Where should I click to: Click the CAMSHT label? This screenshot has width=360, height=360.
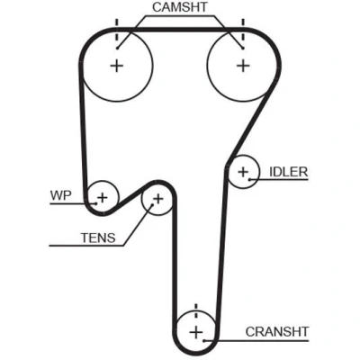pyautogui.click(x=180, y=7)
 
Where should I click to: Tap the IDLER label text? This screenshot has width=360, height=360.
pyautogui.click(x=289, y=172)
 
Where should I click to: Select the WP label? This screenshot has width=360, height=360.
pyautogui.click(x=61, y=195)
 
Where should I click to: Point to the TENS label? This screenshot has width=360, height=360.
pyautogui.click(x=98, y=238)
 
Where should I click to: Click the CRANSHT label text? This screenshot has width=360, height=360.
pyautogui.click(x=277, y=332)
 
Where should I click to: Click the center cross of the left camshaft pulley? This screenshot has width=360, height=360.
pyautogui.click(x=117, y=66)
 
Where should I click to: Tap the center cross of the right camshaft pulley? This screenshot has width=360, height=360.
pyautogui.click(x=243, y=66)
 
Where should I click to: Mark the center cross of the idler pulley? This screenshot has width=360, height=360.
pyautogui.click(x=243, y=172)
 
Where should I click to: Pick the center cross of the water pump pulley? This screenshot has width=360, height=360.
pyautogui.click(x=103, y=198)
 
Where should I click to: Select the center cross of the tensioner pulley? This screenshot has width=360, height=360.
pyautogui.click(x=158, y=198)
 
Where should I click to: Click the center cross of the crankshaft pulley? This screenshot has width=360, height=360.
pyautogui.click(x=196, y=333)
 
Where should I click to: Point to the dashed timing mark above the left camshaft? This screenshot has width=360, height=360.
pyautogui.click(x=117, y=30)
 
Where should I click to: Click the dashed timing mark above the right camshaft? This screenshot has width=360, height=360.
pyautogui.click(x=243, y=30)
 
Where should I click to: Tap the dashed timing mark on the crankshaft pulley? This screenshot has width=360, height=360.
pyautogui.click(x=196, y=313)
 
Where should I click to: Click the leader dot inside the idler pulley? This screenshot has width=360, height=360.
pyautogui.click(x=249, y=179)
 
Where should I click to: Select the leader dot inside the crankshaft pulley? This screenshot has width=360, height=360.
pyautogui.click(x=203, y=340)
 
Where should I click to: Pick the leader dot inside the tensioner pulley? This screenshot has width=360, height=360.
pyautogui.click(x=152, y=205)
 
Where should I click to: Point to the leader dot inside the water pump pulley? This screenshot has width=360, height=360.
pyautogui.click(x=96, y=203)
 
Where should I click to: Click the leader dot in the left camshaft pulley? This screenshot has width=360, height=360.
pyautogui.click(x=118, y=48)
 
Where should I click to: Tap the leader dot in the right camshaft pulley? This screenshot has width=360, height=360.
pyautogui.click(x=243, y=48)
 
